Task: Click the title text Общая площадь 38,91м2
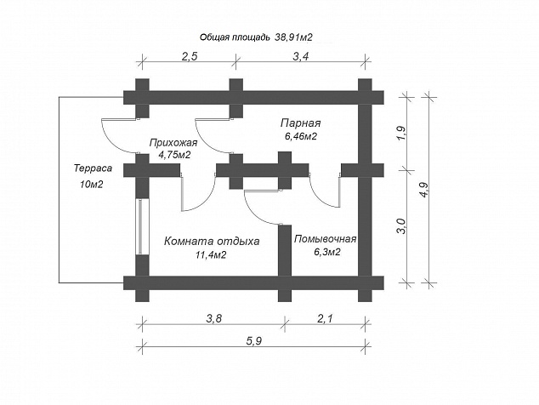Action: [x=256, y=37]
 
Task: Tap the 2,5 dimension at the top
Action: [x=189, y=56]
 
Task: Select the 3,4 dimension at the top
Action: [x=300, y=56]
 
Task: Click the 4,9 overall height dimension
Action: [x=423, y=189]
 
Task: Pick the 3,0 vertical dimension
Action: [x=402, y=226]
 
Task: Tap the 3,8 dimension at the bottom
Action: [x=214, y=318]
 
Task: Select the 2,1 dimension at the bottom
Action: [x=325, y=318]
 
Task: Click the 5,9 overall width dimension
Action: [x=253, y=341]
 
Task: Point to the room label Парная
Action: [x=300, y=123]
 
